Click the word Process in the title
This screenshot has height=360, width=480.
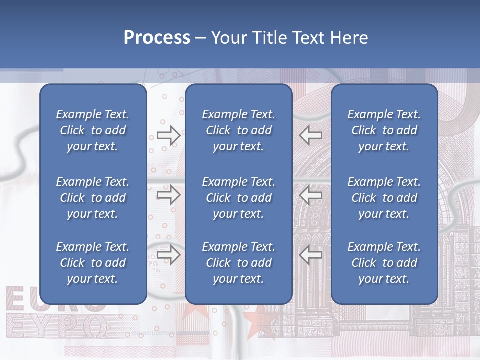point(157,38)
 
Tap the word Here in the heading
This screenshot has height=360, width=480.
point(349,38)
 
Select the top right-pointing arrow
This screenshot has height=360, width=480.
point(168,135)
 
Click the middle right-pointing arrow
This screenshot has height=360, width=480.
point(168,195)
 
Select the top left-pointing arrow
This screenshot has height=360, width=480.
point(311,135)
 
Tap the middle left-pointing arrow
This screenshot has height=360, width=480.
point(311,195)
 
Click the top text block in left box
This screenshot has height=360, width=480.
point(93,130)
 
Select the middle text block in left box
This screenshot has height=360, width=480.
point(93,198)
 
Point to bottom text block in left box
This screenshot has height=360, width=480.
point(93,263)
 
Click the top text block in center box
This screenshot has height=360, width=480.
point(239,130)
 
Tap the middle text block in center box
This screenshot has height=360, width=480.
point(239,198)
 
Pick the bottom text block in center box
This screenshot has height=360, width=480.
point(239,263)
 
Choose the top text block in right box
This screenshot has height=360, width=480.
point(384,130)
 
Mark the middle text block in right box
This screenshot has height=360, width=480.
point(384,198)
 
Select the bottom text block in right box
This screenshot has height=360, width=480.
point(384,263)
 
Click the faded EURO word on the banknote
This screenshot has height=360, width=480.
point(22,298)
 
